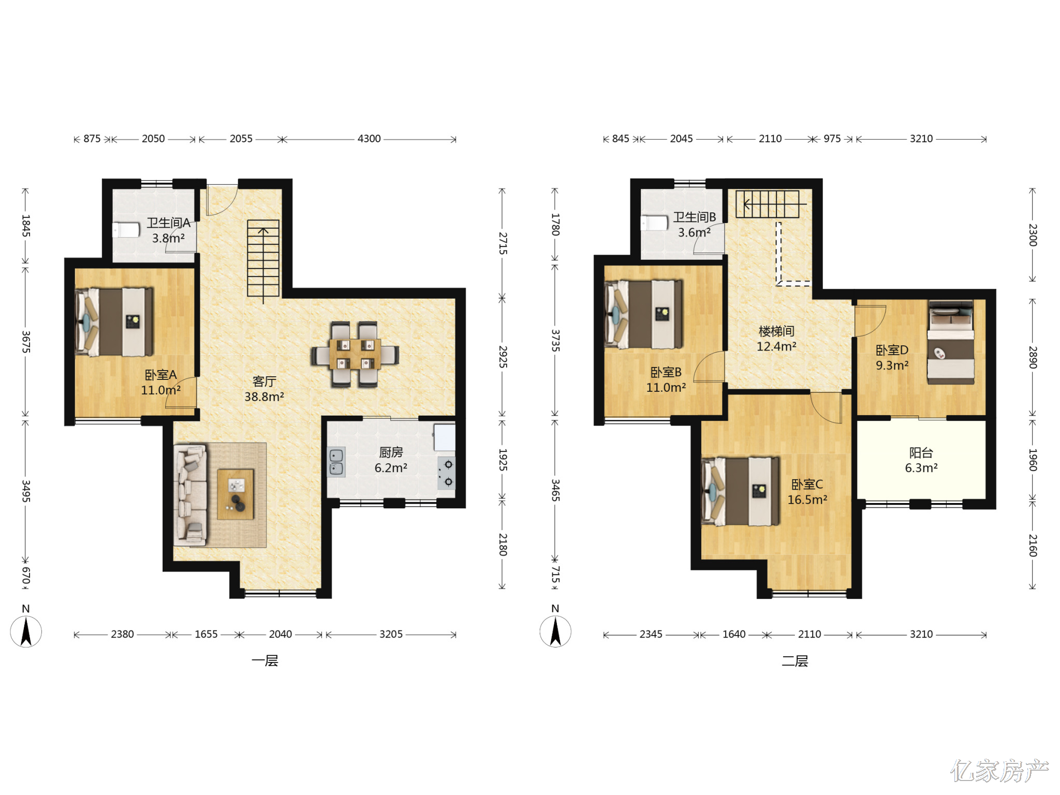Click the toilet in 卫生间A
126,230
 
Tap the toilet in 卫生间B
654,223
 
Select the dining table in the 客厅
355,354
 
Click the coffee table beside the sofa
235,494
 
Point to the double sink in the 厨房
336,462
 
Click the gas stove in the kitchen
446,473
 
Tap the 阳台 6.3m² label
921,460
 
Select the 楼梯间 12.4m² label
776,338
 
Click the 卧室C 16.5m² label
807,492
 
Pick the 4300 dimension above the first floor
369,139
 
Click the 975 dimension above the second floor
832,139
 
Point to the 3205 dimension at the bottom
391,634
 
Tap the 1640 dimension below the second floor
734,634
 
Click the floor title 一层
265,661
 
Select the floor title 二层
795,661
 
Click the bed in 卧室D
951,342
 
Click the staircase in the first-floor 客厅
263,258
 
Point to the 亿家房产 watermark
999,771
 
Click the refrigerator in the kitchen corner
445,437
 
